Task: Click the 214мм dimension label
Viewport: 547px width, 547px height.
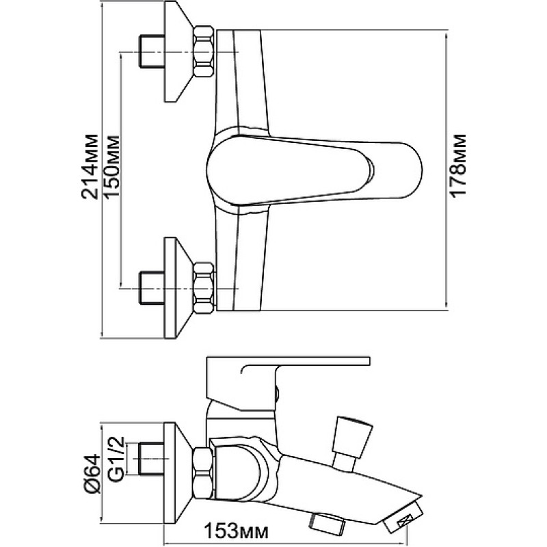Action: [90, 166]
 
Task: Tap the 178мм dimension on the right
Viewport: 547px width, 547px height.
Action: [458, 165]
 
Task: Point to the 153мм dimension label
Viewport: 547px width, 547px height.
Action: [236, 532]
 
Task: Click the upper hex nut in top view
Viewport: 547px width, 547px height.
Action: [203, 51]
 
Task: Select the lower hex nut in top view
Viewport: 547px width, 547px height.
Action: [203, 288]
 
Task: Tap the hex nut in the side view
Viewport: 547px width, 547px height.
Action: [202, 472]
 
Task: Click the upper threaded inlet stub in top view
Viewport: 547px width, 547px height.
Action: [152, 51]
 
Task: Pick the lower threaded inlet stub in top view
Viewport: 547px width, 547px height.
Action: [152, 288]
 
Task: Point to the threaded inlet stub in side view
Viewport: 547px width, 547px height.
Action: [151, 459]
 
